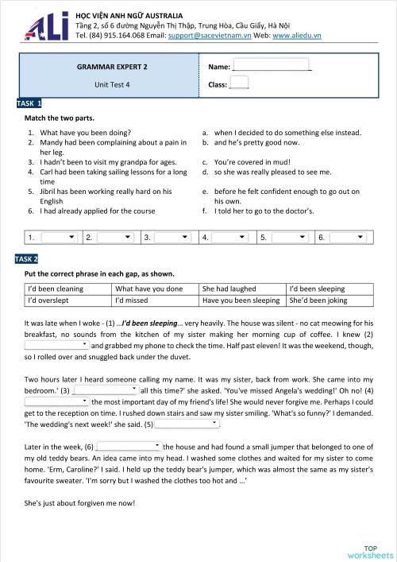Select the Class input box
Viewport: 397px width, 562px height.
tap(239, 83)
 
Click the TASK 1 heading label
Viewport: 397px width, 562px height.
tap(29, 103)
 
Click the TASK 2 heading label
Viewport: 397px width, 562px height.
tap(29, 259)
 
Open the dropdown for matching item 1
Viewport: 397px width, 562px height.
tap(59, 237)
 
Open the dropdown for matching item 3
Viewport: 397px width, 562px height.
tap(173, 237)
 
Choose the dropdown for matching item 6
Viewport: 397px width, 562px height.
tap(348, 237)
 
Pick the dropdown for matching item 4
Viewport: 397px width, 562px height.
tap(231, 237)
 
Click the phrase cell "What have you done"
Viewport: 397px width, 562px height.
tap(155, 289)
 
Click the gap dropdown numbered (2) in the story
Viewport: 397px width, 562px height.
tap(57, 346)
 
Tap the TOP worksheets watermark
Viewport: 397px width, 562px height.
tap(369, 552)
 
